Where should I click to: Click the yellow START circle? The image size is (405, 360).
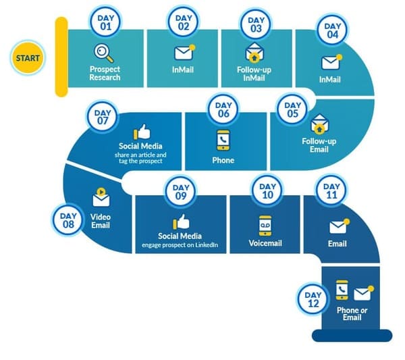click(28, 57)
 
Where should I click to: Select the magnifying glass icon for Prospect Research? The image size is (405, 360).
click(104, 52)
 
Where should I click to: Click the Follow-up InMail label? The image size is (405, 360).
click(254, 74)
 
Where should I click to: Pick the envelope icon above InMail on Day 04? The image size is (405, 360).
click(330, 62)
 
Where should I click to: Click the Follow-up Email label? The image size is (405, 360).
click(318, 145)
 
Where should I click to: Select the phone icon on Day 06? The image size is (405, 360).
click(223, 139)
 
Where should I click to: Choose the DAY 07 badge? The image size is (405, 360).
click(103, 117)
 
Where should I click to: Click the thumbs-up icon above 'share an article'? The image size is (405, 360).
click(142, 132)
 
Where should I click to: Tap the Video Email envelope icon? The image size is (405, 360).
click(101, 199)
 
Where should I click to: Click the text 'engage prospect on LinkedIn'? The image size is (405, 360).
click(182, 245)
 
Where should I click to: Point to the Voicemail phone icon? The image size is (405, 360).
click(266, 225)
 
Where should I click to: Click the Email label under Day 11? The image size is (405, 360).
click(337, 244)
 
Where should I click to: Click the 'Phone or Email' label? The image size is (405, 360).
click(352, 313)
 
